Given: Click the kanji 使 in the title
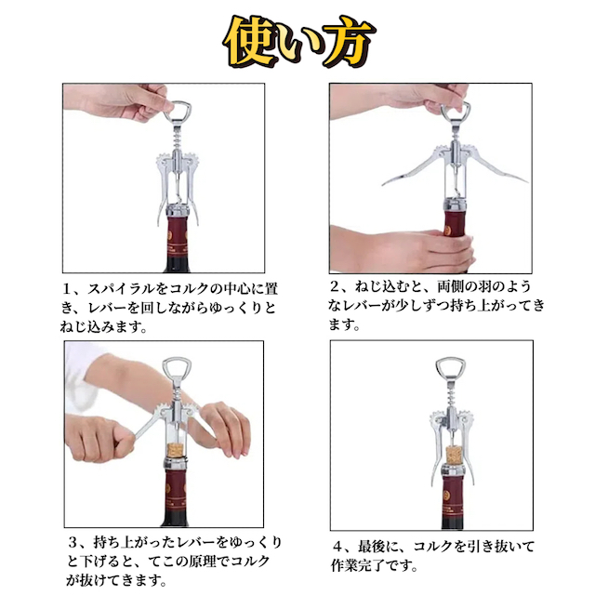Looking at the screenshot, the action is click(250, 42).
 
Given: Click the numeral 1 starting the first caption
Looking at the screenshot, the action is click(67, 289).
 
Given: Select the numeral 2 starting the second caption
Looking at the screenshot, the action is click(335, 286).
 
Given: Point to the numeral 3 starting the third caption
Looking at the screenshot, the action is click(73, 542).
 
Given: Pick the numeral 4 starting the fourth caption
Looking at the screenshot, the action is click(338, 547).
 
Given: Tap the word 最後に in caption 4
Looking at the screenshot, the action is click(378, 547).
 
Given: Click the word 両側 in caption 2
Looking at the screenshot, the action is click(450, 286).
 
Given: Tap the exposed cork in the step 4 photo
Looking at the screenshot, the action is click(454, 456).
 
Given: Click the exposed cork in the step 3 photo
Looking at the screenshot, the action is click(177, 451).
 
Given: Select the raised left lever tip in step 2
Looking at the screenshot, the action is click(385, 183).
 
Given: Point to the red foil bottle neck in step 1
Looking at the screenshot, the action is click(178, 235).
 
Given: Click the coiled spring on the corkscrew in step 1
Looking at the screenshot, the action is click(178, 139).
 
